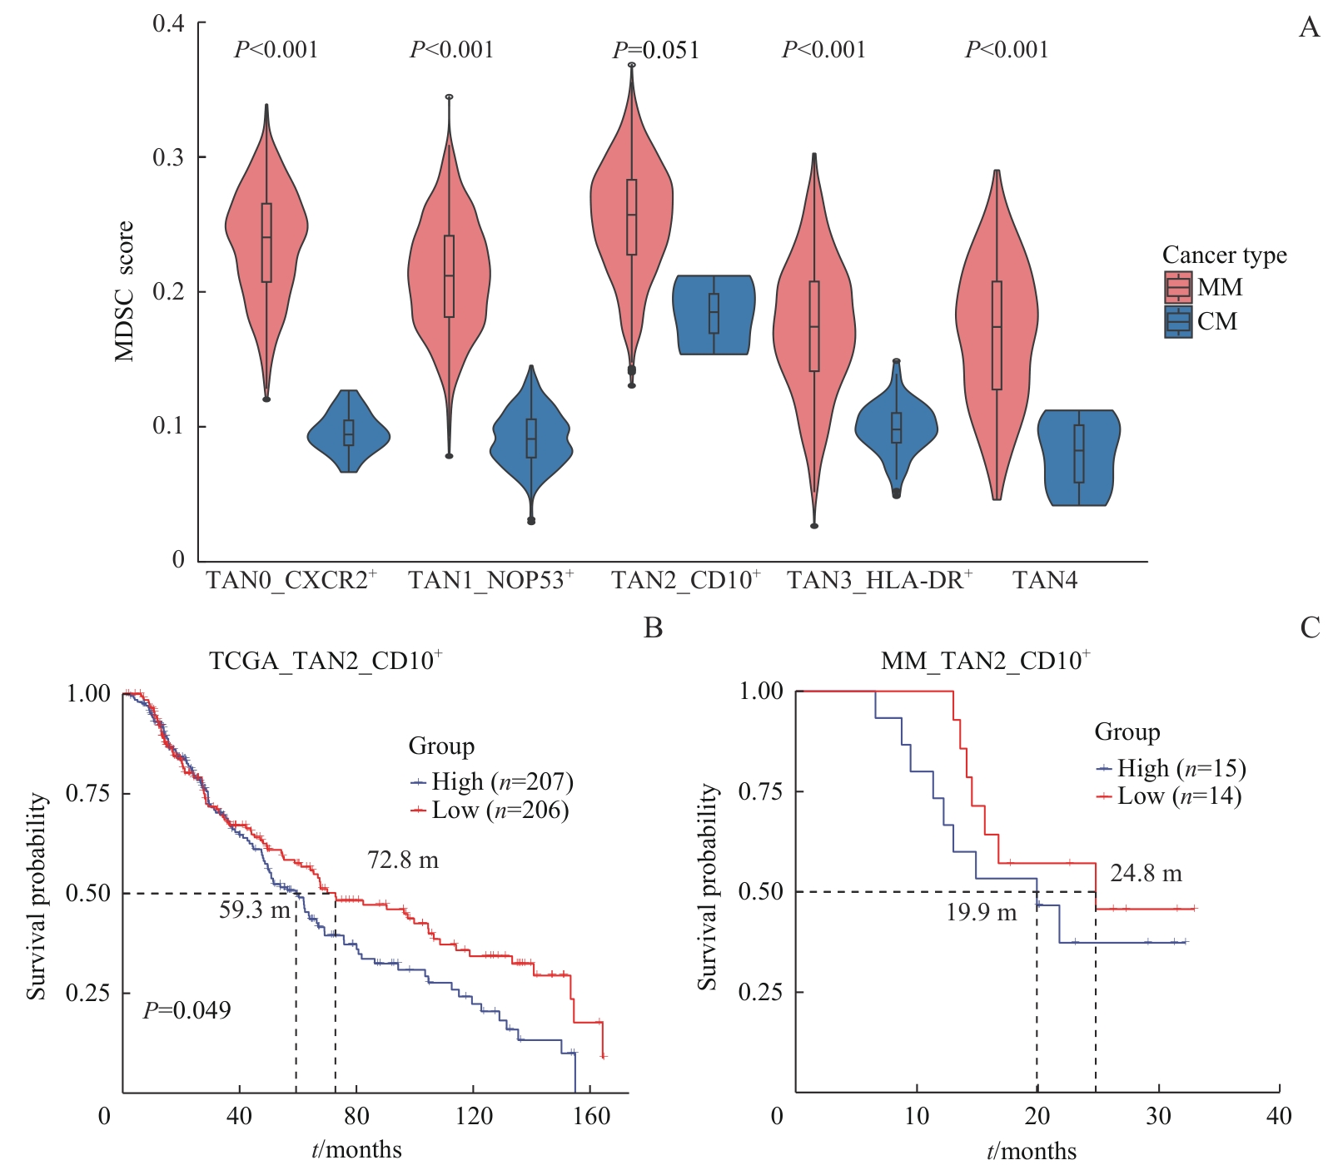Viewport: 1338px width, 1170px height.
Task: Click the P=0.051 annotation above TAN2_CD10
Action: [x=656, y=50]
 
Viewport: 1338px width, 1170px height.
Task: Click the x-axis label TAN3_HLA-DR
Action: [x=879, y=580]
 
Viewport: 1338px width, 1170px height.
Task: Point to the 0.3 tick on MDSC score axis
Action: [x=168, y=157]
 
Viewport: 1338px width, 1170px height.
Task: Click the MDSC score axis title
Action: [x=124, y=291]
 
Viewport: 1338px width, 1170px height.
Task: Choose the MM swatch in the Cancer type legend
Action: [x=1178, y=287]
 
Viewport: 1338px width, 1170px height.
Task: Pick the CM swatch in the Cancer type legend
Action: [x=1178, y=321]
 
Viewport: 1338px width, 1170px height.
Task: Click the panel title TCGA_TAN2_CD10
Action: [x=325, y=661]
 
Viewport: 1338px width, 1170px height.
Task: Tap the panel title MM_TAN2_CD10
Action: [x=986, y=661]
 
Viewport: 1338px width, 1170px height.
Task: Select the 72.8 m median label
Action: [x=403, y=860]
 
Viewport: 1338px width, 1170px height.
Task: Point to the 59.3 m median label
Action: [x=255, y=910]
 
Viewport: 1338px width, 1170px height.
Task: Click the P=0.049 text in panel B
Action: [x=187, y=1010]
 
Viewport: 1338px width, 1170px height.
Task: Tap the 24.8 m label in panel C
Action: [x=1146, y=874]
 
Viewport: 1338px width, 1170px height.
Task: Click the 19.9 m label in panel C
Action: [x=981, y=913]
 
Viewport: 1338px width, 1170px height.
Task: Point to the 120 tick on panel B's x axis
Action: [x=474, y=1116]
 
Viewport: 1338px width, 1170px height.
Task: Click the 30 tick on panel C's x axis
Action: [x=1158, y=1116]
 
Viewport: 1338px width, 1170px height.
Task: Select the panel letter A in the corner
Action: [x=1309, y=28]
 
